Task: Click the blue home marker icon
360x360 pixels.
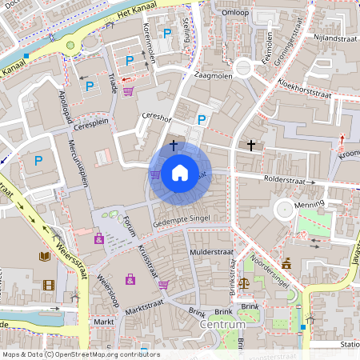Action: tap(180, 172)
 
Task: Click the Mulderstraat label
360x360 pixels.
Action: tap(210, 252)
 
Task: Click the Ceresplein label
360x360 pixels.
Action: tap(89, 126)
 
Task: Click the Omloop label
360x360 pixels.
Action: tap(235, 13)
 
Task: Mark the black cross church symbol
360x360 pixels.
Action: tap(252, 146)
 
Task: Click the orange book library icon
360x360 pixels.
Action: tap(45, 257)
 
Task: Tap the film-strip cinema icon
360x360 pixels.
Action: tap(49, 285)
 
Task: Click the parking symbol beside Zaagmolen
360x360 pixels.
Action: tap(202, 119)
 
